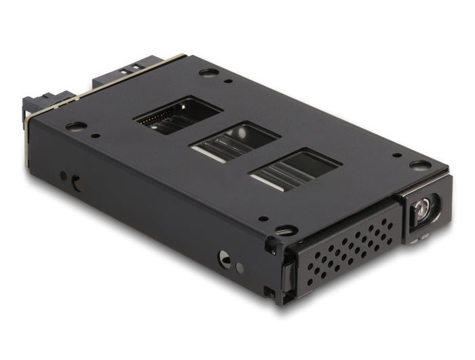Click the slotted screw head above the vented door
click(x=286, y=231)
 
